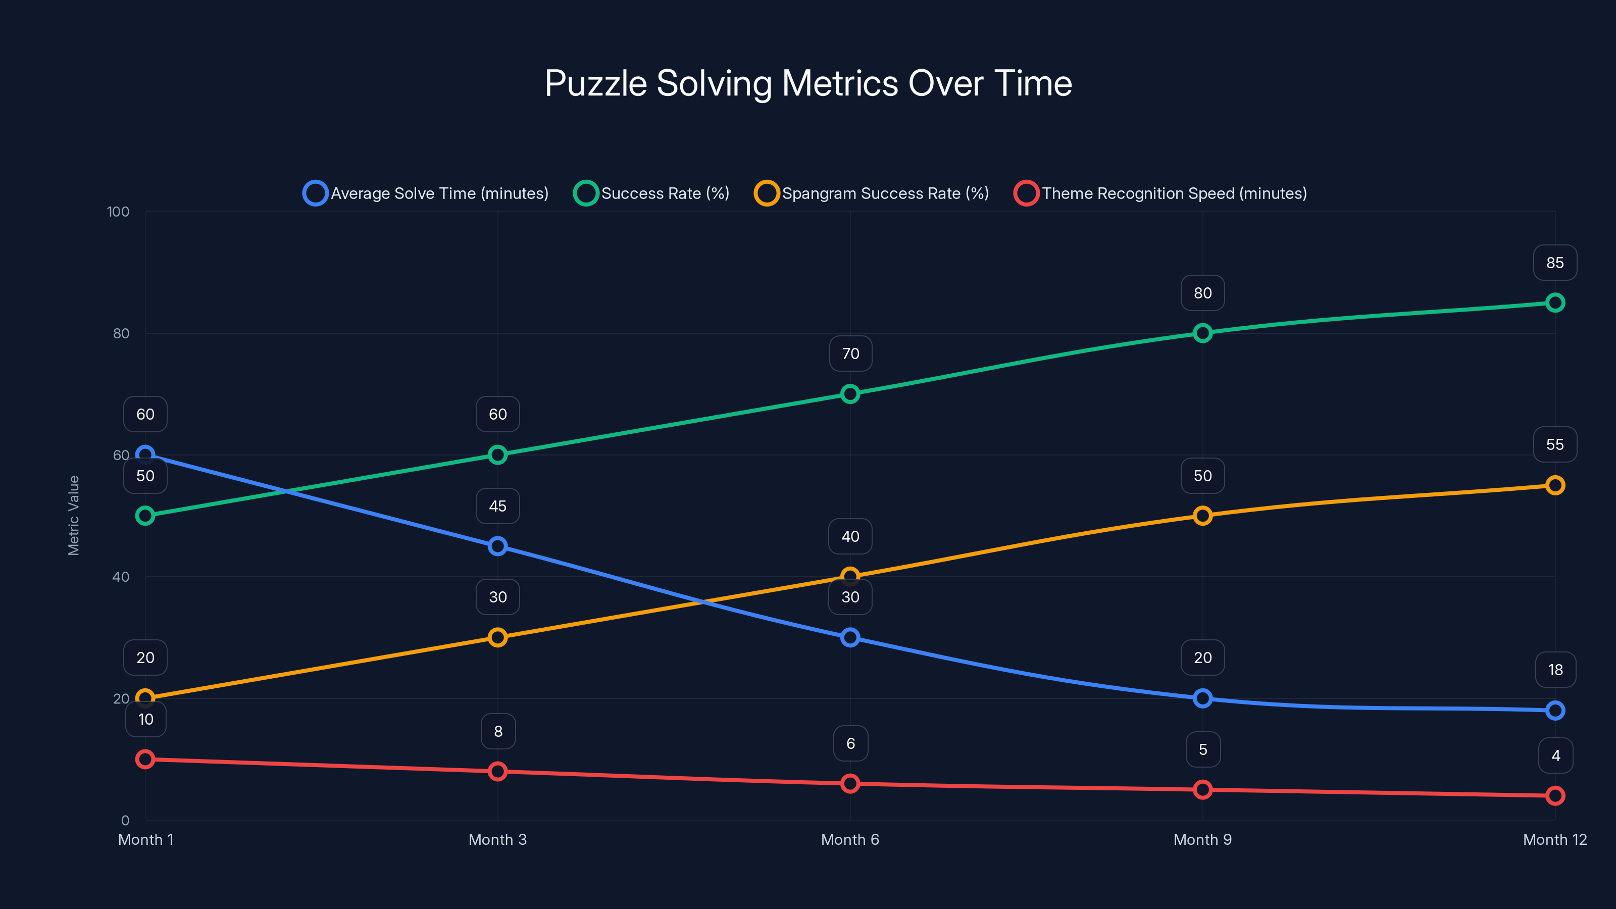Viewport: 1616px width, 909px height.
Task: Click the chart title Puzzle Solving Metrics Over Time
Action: tap(808, 83)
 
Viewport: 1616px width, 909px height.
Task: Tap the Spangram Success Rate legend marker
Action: tap(767, 193)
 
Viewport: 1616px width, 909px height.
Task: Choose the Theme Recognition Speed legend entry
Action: tap(1160, 193)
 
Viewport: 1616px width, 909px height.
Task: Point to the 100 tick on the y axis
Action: tap(118, 212)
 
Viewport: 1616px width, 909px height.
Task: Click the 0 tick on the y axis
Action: tap(125, 821)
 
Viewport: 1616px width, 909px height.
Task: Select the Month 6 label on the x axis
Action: tap(850, 840)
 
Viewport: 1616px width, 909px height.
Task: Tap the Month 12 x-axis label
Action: tap(1554, 840)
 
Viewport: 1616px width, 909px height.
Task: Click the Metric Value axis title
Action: tap(73, 516)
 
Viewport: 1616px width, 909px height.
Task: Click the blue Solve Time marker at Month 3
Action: tap(497, 546)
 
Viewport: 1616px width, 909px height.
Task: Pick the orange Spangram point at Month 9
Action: tap(1202, 516)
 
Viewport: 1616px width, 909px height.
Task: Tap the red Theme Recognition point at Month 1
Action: tap(145, 759)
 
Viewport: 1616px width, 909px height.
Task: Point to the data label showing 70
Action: tap(850, 354)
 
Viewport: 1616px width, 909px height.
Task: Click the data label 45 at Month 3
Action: tap(497, 506)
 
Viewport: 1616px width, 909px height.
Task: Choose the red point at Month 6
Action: tap(850, 784)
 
